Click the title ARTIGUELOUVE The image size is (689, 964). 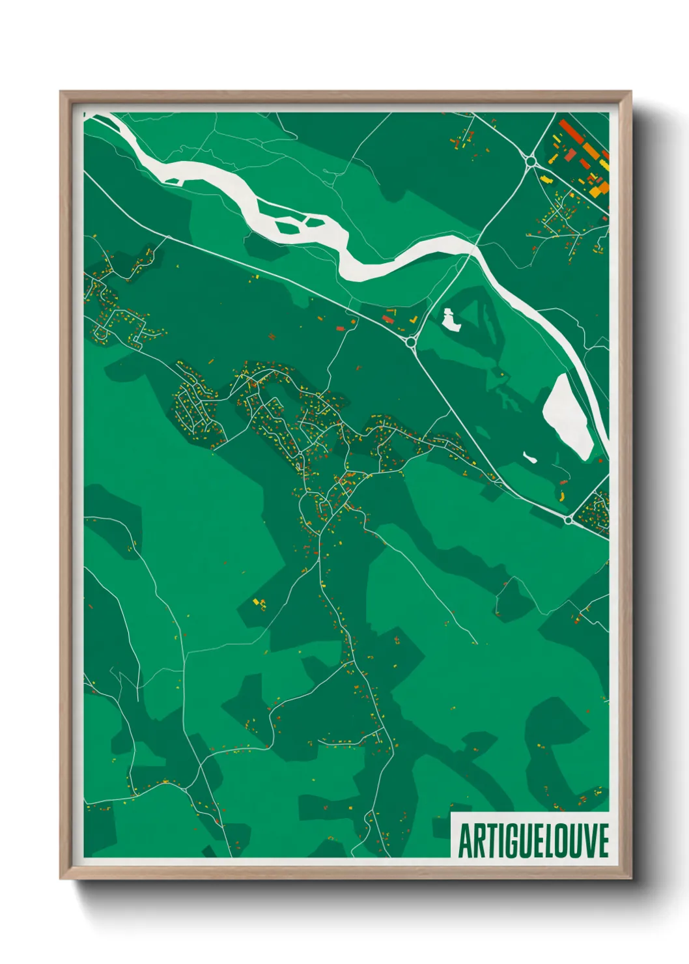pyautogui.click(x=533, y=841)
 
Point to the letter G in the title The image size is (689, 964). pyautogui.click(x=510, y=841)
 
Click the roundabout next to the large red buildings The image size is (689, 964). pyautogui.click(x=531, y=161)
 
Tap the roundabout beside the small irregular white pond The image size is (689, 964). pyautogui.click(x=411, y=341)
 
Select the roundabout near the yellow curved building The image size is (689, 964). pyautogui.click(x=569, y=520)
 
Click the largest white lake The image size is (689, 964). pyautogui.click(x=567, y=417)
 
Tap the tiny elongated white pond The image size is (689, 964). pyautogui.click(x=530, y=457)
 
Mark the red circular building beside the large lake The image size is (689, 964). pyautogui.click(x=563, y=482)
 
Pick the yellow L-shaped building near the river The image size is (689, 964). pyautogui.click(x=413, y=320)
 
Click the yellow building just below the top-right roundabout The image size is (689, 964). pyautogui.click(x=544, y=177)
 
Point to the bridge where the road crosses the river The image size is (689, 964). pyautogui.click(x=473, y=247)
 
